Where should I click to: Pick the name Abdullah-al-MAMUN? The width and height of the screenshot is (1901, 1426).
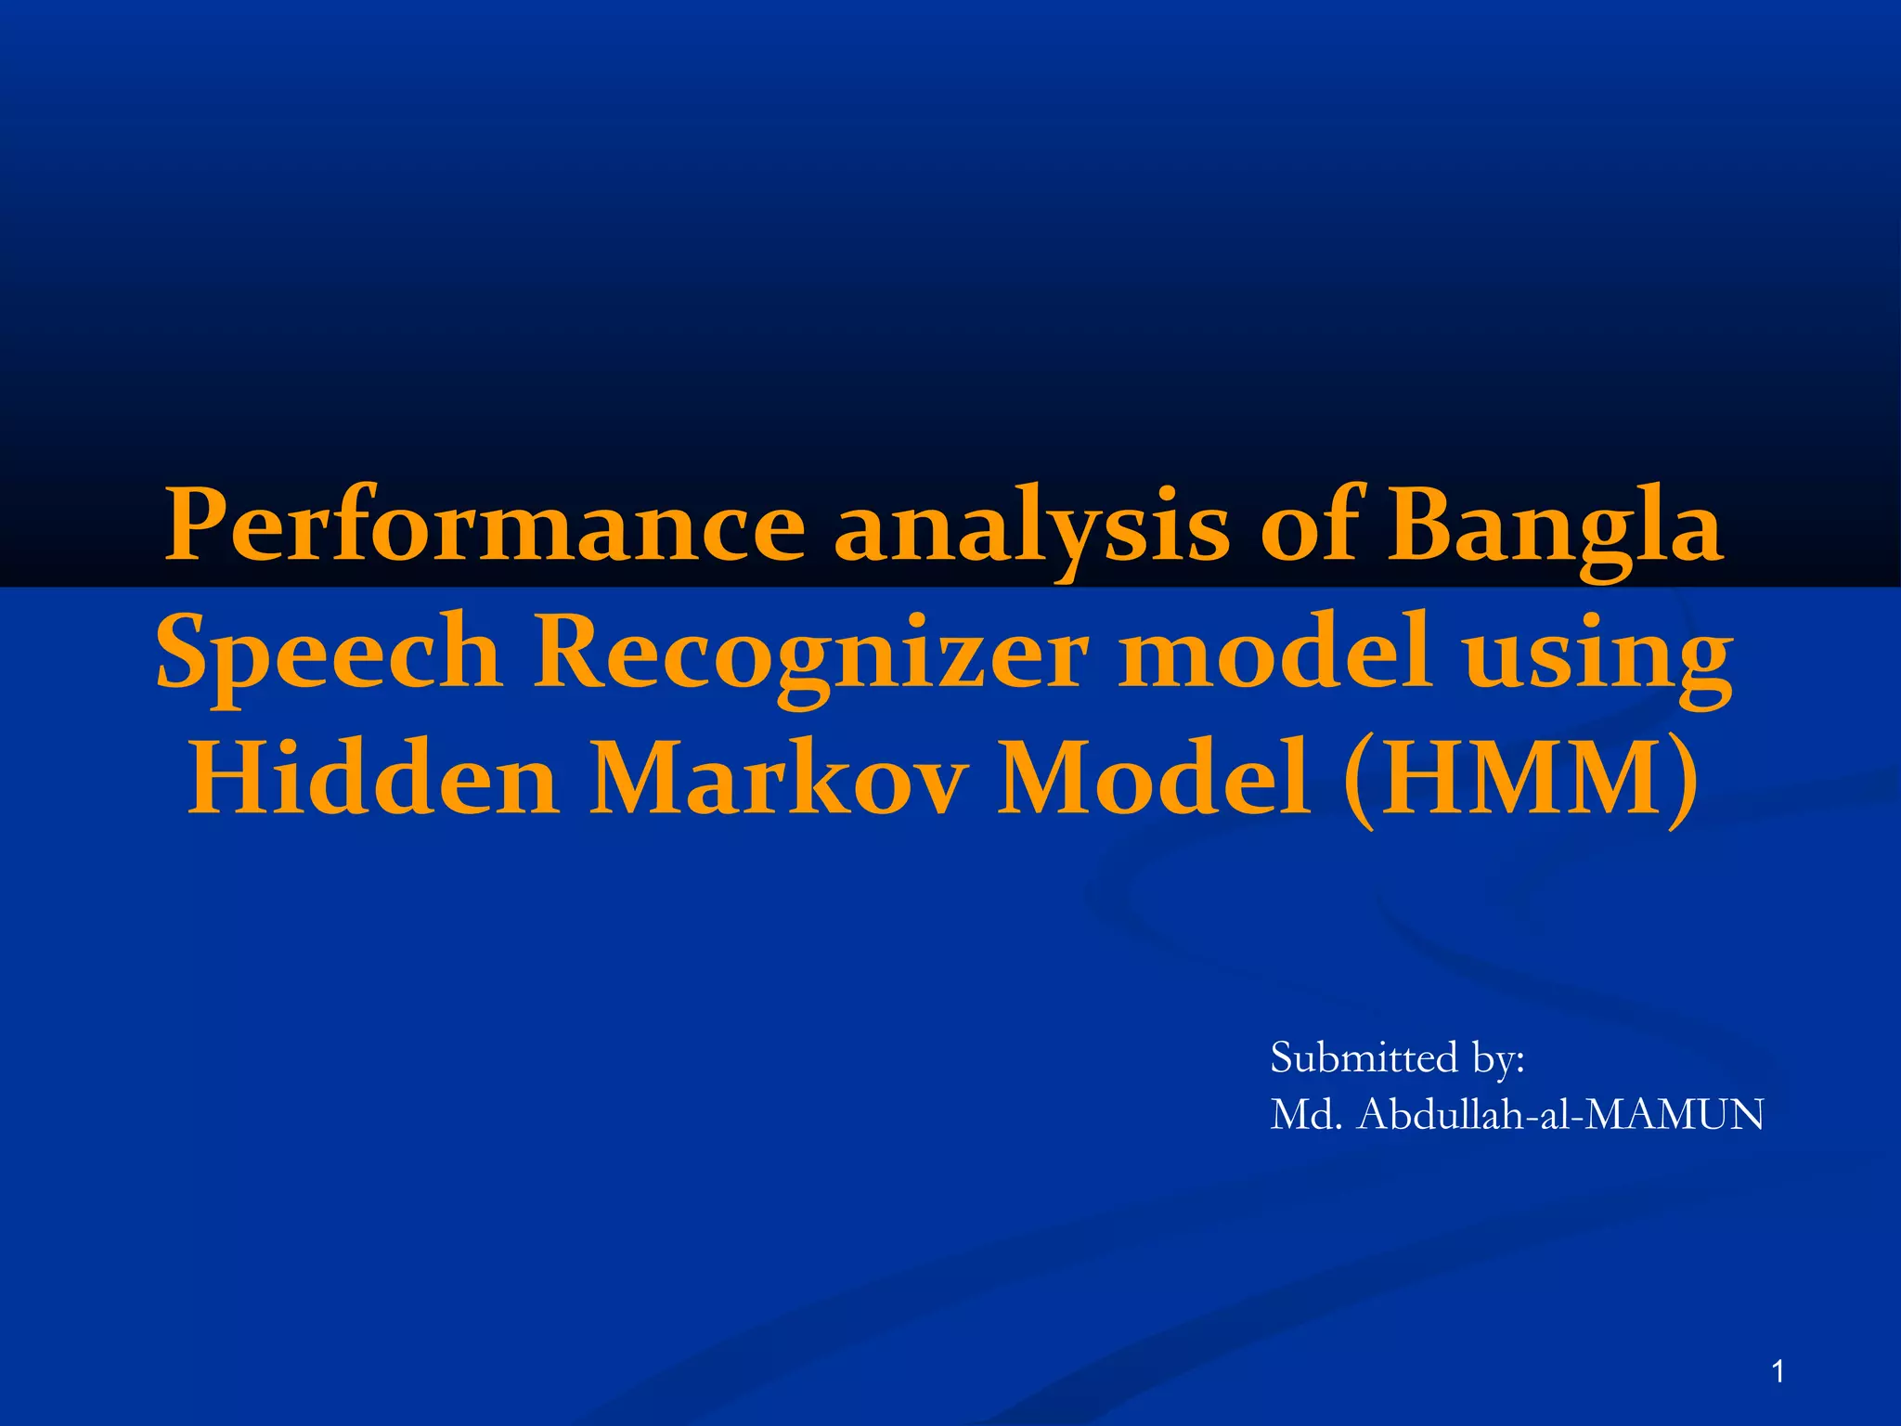(1560, 1114)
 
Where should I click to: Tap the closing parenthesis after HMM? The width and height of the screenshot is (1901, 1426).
(1681, 780)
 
